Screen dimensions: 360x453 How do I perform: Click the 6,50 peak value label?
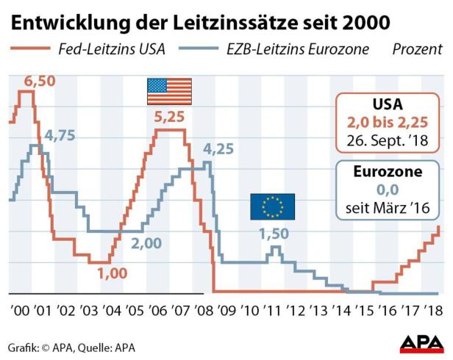pos(40,82)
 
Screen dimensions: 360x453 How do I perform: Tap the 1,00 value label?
pos(113,273)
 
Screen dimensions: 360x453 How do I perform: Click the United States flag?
pos(169,91)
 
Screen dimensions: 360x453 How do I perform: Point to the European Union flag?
pos(272,206)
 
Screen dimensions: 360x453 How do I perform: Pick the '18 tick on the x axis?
pos(434,311)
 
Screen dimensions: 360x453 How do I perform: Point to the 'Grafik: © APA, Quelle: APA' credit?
pos(71,346)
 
